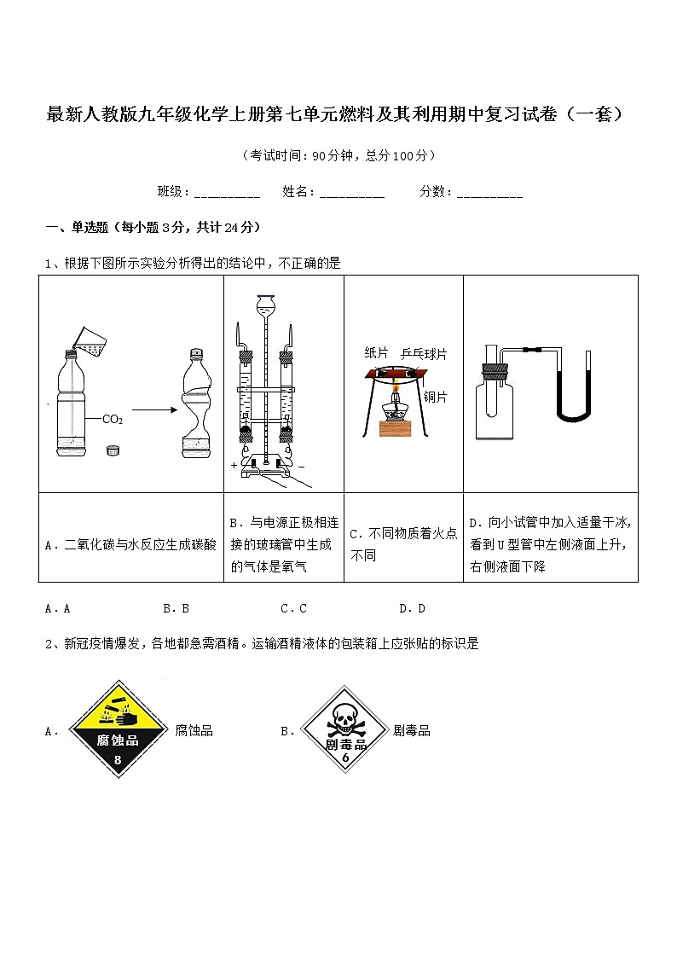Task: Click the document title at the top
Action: (x=338, y=114)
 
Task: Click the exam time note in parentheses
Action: (x=338, y=155)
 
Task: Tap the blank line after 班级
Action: (x=227, y=193)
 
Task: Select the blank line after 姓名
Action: (x=352, y=193)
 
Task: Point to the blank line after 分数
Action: (x=489, y=193)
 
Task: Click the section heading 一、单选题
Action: (x=153, y=227)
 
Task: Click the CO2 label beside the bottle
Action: (x=113, y=419)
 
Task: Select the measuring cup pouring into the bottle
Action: (x=90, y=341)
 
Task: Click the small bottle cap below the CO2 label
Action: (x=112, y=450)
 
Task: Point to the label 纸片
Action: (x=376, y=353)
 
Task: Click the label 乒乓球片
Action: (x=424, y=353)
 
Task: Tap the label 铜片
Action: (x=435, y=396)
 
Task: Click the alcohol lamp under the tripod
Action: (x=396, y=409)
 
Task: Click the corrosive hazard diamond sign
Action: (x=119, y=730)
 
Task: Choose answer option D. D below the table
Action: (x=412, y=608)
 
